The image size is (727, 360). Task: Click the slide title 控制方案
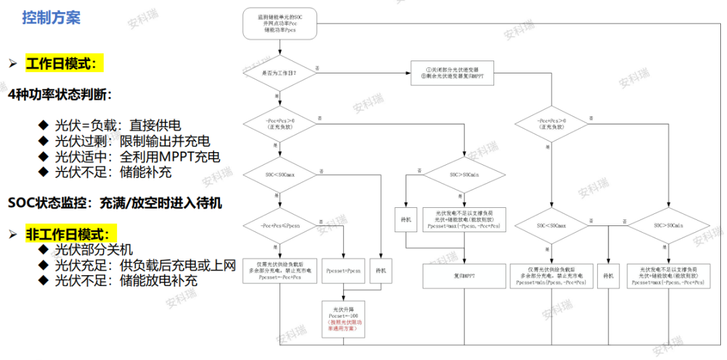[x=51, y=17]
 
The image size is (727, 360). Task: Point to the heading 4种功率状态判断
[x=60, y=94]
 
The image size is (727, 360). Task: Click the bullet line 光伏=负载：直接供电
[x=118, y=125]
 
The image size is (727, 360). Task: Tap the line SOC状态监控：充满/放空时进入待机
[x=115, y=202]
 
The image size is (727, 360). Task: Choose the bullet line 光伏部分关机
[x=94, y=249]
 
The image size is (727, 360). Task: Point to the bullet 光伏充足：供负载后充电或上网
[x=145, y=264]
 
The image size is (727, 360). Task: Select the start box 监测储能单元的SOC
[x=279, y=25]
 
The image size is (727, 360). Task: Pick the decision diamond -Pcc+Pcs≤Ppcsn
[x=279, y=226]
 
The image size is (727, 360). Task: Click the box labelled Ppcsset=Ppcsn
[x=343, y=271]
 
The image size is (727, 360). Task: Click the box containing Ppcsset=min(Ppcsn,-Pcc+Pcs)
[x=551, y=276]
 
